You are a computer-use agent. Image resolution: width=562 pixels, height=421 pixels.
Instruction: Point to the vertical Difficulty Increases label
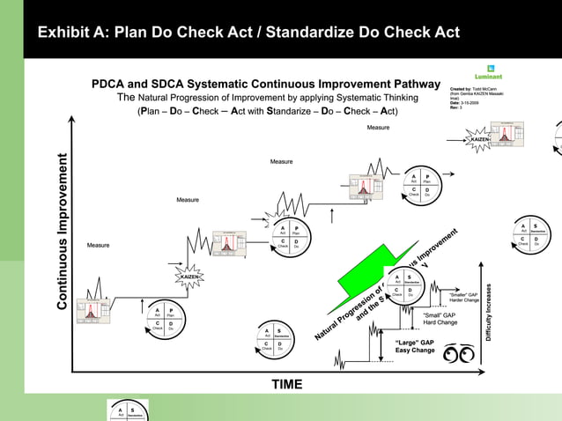pos(500,313)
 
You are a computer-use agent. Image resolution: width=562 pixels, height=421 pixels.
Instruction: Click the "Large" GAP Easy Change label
pos(415,346)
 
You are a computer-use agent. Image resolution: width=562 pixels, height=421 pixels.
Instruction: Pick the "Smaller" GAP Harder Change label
pos(463,297)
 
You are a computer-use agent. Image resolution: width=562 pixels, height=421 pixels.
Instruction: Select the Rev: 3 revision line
pos(455,108)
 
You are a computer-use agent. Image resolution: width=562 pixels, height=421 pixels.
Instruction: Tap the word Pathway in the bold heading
pos(405,85)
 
